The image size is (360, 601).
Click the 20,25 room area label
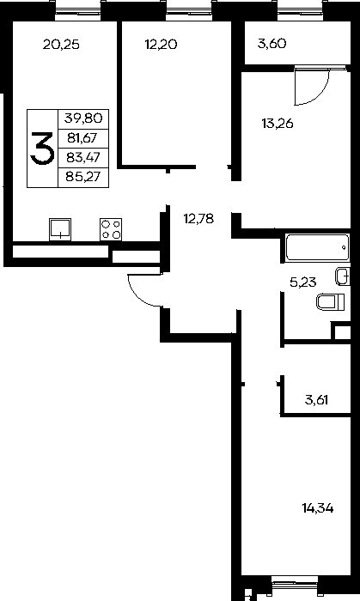coord(61,45)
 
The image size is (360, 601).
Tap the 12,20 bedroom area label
coord(161,45)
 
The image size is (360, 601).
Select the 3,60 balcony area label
coord(272,44)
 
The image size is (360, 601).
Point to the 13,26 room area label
coord(278,124)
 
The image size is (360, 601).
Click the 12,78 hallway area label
coord(198,219)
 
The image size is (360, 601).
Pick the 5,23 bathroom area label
coord(303,282)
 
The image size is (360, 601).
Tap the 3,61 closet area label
coord(317,400)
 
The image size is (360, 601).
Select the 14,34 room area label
coord(318,508)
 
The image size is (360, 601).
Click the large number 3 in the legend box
coord(42,149)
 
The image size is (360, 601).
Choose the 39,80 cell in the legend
coord(83,118)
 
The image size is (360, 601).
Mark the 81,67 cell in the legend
coord(83,138)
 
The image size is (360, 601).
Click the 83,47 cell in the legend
coord(83,157)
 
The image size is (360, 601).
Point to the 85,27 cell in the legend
coord(83,177)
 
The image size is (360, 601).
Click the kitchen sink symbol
coord(60,229)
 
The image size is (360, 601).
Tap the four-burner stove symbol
coord(111,229)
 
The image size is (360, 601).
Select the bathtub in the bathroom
coord(317,247)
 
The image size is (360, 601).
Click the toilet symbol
coord(331,302)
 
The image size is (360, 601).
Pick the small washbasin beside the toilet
coord(343,276)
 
